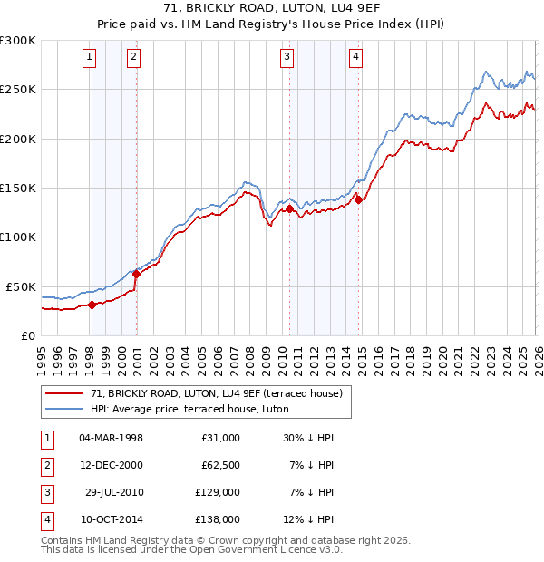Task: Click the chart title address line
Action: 272,9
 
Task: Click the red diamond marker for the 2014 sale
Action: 358,200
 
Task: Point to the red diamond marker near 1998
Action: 92,305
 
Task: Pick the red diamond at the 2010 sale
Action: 290,208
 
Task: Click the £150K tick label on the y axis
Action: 18,188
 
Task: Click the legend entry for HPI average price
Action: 189,409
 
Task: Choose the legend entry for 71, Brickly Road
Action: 216,393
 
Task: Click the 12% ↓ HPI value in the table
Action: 307,520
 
